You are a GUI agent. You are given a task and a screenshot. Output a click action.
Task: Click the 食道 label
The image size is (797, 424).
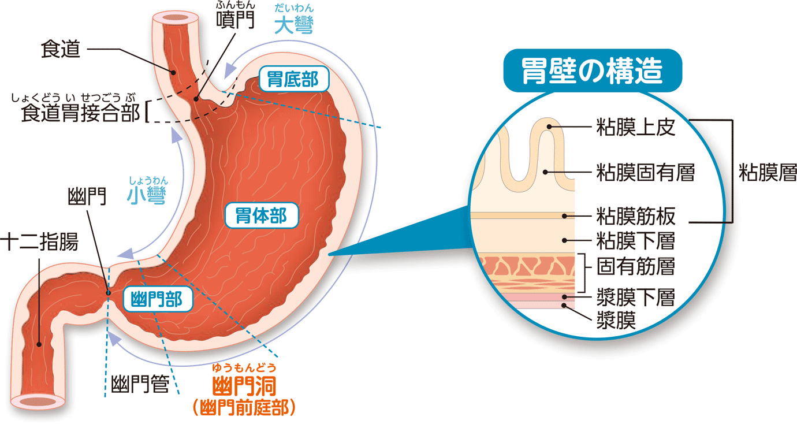click(60, 50)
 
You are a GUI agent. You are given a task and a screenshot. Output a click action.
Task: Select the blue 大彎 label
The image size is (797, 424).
click(294, 25)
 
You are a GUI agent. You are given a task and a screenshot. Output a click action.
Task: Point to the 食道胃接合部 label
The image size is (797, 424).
click(80, 113)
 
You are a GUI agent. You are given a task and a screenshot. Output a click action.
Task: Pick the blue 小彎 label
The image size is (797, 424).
click(147, 196)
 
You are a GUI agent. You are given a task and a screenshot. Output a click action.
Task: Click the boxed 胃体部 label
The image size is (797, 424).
click(261, 216)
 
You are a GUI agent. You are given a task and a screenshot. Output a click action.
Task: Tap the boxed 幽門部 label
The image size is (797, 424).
click(153, 299)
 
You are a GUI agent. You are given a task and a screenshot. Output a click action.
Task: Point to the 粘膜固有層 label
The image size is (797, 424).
click(645, 172)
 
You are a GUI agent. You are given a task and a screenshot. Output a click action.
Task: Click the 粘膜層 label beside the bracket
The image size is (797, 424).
click(768, 172)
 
